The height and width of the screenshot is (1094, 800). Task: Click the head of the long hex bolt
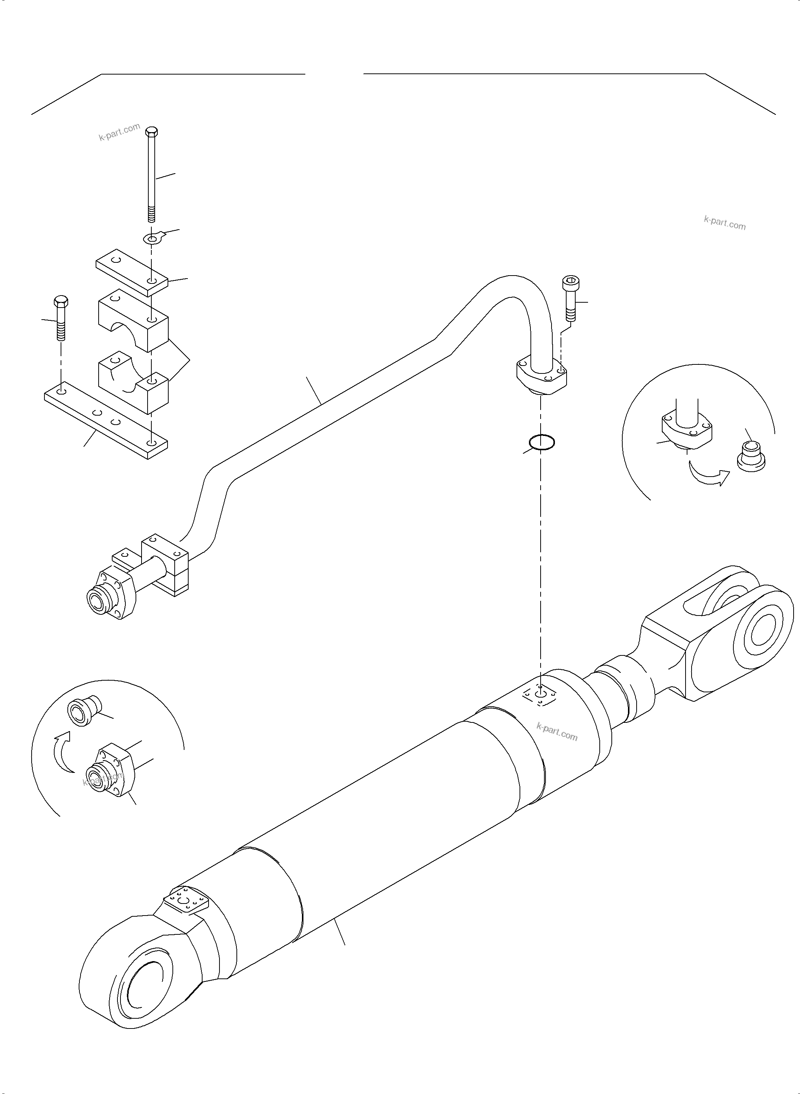pos(152,131)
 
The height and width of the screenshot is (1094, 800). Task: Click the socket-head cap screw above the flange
pos(570,298)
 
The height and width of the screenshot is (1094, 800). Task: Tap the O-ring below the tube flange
pos(541,442)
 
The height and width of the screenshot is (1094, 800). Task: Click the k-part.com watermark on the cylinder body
pos(557,746)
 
